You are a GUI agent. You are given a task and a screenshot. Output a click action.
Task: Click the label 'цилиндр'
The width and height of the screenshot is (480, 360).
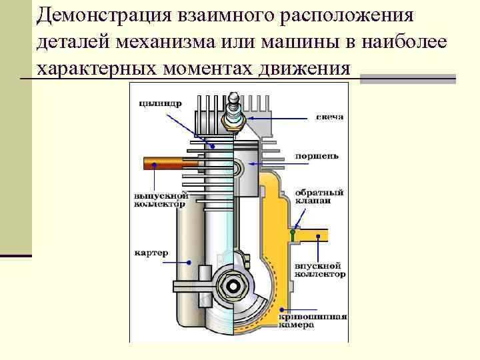(x=159, y=103)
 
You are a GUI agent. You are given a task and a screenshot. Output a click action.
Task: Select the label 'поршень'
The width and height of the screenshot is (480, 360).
(x=317, y=157)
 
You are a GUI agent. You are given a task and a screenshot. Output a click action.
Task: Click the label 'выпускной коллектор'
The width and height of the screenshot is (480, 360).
(x=161, y=201)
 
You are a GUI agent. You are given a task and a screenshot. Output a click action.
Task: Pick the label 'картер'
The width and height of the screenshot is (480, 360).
(x=151, y=253)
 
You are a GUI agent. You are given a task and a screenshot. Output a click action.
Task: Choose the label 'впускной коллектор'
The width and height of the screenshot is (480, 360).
(x=319, y=269)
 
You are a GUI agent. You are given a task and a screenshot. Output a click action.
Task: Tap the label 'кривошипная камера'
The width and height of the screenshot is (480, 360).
(x=317, y=321)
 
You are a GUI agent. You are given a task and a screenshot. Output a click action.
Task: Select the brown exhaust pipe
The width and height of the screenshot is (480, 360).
(x=171, y=162)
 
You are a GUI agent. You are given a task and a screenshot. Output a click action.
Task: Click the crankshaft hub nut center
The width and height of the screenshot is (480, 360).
(x=233, y=285)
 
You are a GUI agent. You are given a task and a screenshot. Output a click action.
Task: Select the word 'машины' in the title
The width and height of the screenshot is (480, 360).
(x=303, y=42)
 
